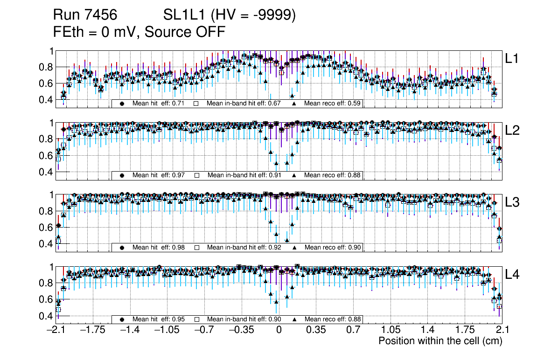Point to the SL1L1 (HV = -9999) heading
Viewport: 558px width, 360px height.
point(230,15)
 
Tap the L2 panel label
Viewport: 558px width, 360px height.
point(512,130)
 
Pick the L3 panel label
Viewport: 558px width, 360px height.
point(512,202)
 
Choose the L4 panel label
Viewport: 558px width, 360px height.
point(512,275)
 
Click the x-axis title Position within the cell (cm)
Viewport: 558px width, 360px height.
point(440,341)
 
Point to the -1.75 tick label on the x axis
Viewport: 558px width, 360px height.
point(93,330)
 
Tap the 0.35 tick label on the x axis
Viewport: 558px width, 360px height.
point(316,330)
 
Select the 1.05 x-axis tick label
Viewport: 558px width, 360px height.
point(390,330)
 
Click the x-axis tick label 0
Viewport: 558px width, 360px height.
point(279,330)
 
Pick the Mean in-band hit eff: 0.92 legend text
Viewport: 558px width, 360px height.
point(244,247)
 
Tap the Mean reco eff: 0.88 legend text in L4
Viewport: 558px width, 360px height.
point(333,319)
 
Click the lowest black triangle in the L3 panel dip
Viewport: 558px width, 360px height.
point(287,241)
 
